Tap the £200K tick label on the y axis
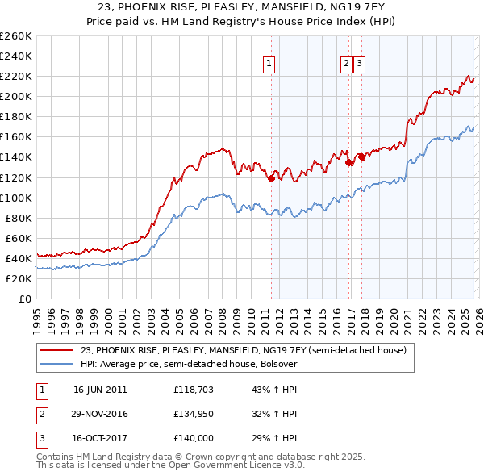pyautogui.click(x=16, y=96)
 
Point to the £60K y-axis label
pyautogui.click(x=19, y=238)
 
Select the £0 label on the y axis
pyautogui.click(x=26, y=299)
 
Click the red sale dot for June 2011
pyautogui.click(x=271, y=179)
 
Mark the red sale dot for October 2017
pyautogui.click(x=362, y=157)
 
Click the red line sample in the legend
pyautogui.click(x=57, y=350)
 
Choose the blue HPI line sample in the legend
pyautogui.click(x=57, y=364)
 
